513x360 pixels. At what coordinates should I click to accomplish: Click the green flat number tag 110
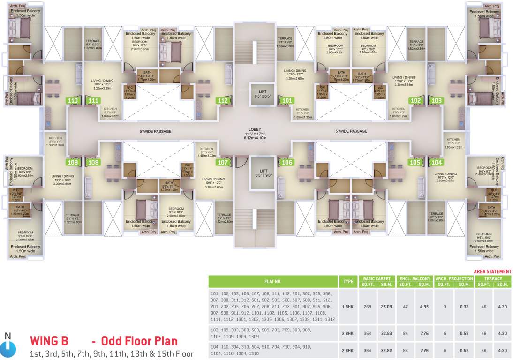click(73, 100)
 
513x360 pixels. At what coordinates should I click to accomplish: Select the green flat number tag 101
click(287, 100)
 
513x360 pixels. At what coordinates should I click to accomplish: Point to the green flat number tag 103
click(437, 100)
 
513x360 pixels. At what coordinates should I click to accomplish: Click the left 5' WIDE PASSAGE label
click(156, 131)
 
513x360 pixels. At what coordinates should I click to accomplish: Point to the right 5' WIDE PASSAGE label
click(351, 131)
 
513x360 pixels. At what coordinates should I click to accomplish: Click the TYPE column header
click(348, 281)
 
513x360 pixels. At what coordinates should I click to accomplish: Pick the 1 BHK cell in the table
click(348, 307)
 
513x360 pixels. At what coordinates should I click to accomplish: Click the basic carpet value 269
click(367, 307)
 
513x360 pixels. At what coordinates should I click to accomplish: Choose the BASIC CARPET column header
click(376, 278)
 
